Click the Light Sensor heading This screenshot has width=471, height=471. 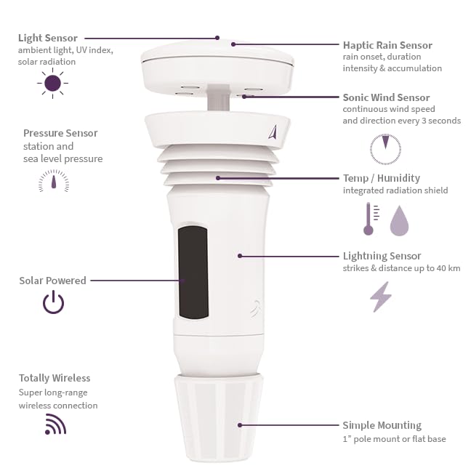coord(48,38)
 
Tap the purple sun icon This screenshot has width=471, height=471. coord(52,84)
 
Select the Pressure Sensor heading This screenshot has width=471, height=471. coord(60,133)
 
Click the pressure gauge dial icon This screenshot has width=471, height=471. coord(54,181)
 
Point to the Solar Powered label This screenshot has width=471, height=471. coord(52,281)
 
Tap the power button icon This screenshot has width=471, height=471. coord(53,302)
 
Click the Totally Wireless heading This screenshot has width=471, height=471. coord(55,378)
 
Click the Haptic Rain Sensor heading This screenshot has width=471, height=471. coord(387,45)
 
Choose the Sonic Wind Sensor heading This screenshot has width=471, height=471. coord(386,97)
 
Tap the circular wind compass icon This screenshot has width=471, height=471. coord(385,149)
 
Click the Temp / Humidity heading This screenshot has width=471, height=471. coord(381,178)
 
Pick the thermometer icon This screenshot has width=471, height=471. coord(369,219)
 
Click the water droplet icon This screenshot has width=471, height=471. coord(400,220)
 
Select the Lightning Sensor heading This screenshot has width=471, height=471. coord(382,256)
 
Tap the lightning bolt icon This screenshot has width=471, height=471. coord(381,297)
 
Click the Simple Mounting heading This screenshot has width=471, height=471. coord(382,425)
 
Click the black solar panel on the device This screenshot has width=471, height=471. coord(193,272)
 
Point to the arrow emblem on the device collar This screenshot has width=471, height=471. coord(272,132)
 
